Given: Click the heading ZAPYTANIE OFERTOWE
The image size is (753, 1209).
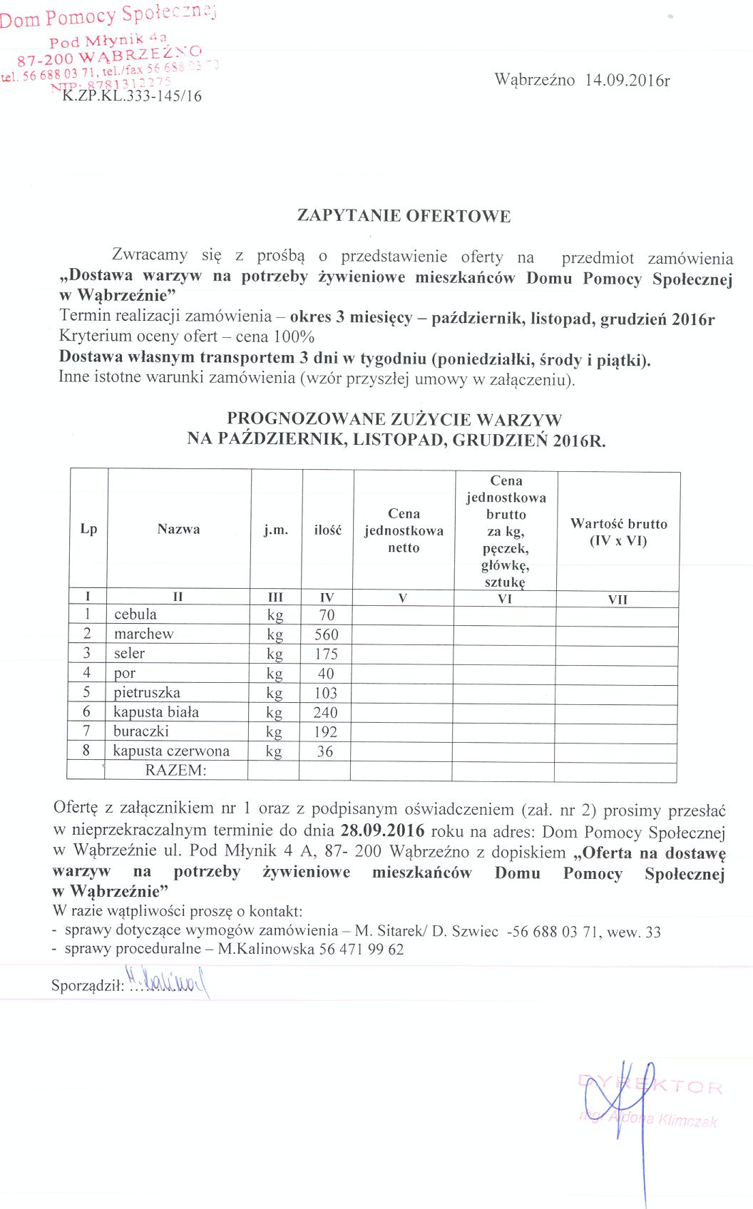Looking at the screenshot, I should pyautogui.click(x=404, y=216).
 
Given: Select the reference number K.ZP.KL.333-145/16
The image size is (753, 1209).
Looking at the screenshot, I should pyautogui.click(x=132, y=96).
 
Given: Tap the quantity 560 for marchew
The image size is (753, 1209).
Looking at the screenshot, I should pyautogui.click(x=327, y=634).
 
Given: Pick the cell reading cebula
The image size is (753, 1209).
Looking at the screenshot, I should pyautogui.click(x=135, y=614).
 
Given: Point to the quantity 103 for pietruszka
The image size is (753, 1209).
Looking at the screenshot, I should pyautogui.click(x=326, y=693).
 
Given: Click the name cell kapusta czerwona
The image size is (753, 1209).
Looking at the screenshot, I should pyautogui.click(x=171, y=751).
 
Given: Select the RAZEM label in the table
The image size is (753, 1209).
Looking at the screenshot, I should pyautogui.click(x=175, y=770).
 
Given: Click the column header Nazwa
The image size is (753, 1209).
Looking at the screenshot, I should pyautogui.click(x=178, y=529).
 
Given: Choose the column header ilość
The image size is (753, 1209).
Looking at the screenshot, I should pyautogui.click(x=328, y=530).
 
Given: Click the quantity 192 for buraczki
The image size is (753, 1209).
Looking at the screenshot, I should pyautogui.click(x=325, y=731).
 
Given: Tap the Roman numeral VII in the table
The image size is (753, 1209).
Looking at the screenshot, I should pyautogui.click(x=618, y=600).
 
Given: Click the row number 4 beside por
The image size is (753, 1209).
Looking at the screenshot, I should pyautogui.click(x=86, y=672).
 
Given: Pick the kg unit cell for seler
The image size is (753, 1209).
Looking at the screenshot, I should pyautogui.click(x=275, y=654).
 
